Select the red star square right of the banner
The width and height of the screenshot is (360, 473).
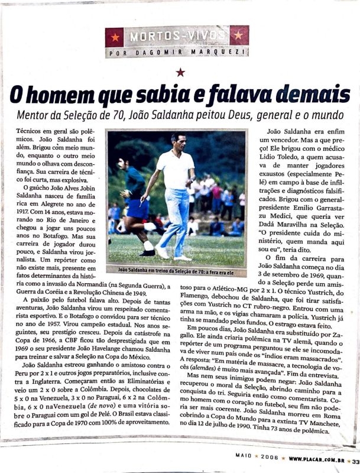click(x=239, y=35)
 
